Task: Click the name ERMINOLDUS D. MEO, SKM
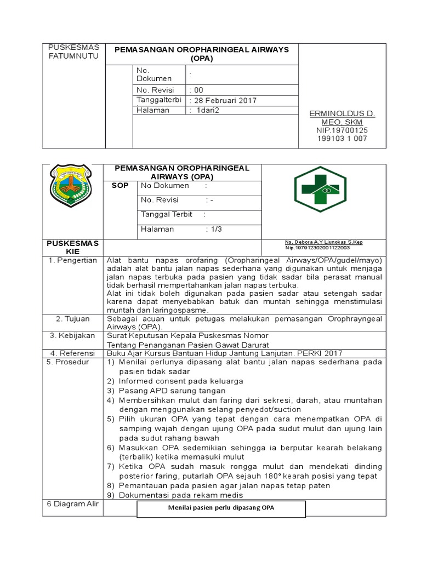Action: pos(343,117)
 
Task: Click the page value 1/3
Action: pos(214,229)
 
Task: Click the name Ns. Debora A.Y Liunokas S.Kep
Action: pos(323,242)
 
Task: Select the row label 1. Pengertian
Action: pos(73,260)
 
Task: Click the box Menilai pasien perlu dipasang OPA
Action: pos(220,508)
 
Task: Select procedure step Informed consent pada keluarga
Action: pos(181,381)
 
